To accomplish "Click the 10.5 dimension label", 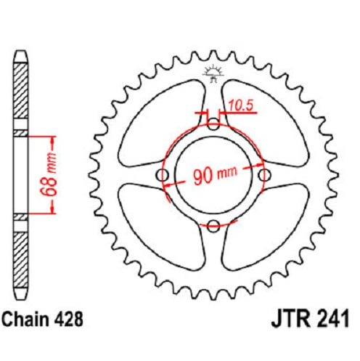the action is pyautogui.click(x=241, y=105).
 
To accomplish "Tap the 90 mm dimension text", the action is pyautogui.click(x=215, y=174).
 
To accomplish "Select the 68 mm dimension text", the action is pyautogui.click(x=49, y=174).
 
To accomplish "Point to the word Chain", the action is pyautogui.click(x=25, y=319).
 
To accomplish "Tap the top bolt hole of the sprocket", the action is pyautogui.click(x=213, y=124).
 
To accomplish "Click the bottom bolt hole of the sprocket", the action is pyautogui.click(x=213, y=226).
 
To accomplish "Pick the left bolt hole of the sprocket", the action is pyautogui.click(x=163, y=175).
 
